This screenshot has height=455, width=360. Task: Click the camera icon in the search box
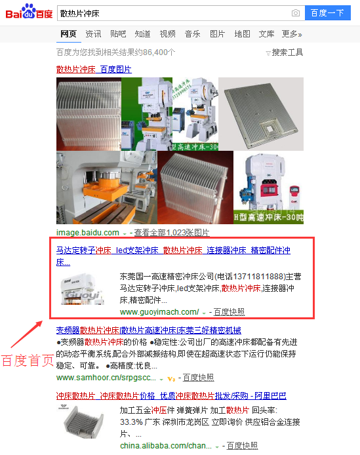[296, 13]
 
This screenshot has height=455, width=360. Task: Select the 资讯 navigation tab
[93, 34]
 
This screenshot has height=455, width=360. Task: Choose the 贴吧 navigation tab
[118, 34]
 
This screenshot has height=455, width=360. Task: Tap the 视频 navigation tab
[167, 34]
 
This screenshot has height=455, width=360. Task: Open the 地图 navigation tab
[242, 34]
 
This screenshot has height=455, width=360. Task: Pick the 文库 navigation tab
[266, 34]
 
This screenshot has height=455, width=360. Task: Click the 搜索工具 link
[287, 52]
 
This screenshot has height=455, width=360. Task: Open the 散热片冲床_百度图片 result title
[94, 69]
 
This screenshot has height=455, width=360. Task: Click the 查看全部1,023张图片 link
[172, 233]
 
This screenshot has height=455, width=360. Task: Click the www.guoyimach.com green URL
[159, 311]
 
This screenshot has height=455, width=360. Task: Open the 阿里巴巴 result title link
[171, 396]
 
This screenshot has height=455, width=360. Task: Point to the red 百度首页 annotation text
[27, 361]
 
